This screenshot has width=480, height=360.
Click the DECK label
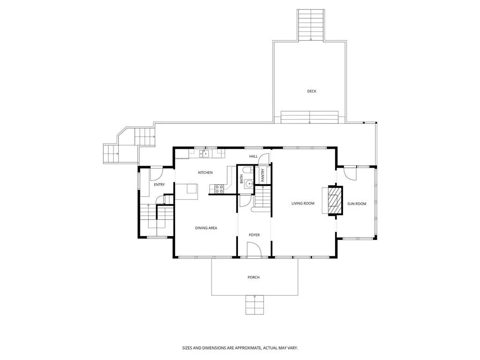click(312, 91)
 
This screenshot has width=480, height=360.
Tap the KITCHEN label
click(205, 173)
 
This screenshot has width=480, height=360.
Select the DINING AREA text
click(206, 228)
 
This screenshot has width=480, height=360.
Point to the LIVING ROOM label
click(303, 203)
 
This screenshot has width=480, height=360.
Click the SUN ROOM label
click(357, 204)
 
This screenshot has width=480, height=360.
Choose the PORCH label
click(253, 277)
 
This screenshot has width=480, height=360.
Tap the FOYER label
click(254, 235)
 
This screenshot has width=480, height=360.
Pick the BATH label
click(242, 179)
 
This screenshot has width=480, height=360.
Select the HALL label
click(253, 156)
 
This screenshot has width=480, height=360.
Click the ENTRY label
click(159, 184)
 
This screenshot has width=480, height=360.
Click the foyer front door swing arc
click(254, 249)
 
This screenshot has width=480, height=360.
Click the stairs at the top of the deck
click(311, 25)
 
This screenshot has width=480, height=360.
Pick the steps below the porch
click(254, 305)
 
